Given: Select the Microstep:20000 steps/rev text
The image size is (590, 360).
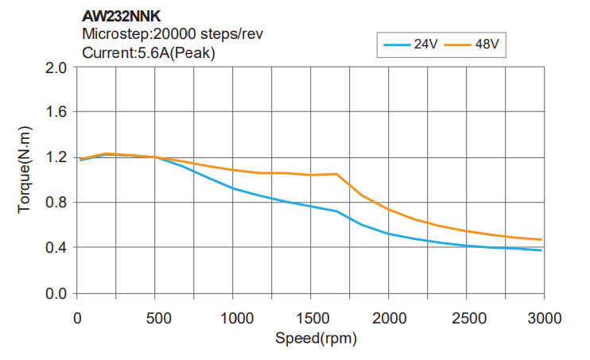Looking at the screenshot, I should [x=173, y=34].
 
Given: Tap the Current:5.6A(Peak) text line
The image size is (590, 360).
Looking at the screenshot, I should [x=149, y=53].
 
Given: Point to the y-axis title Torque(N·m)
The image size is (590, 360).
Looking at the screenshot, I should [x=25, y=168].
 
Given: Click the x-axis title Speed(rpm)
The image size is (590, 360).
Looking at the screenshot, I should [x=316, y=339].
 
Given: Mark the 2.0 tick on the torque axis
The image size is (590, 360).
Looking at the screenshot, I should [x=55, y=67].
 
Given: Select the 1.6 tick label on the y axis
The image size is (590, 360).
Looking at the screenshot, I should [x=55, y=112].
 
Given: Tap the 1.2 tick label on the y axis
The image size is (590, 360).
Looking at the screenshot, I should [x=55, y=157].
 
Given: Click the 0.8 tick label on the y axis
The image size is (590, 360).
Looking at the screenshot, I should [x=55, y=203].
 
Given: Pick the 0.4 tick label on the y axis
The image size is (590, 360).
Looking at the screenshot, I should [x=55, y=248].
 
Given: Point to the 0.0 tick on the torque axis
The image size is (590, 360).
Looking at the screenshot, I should [x=55, y=293].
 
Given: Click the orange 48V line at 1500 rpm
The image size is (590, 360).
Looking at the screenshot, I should [x=311, y=175].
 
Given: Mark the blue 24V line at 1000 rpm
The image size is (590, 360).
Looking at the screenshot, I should [x=233, y=188].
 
